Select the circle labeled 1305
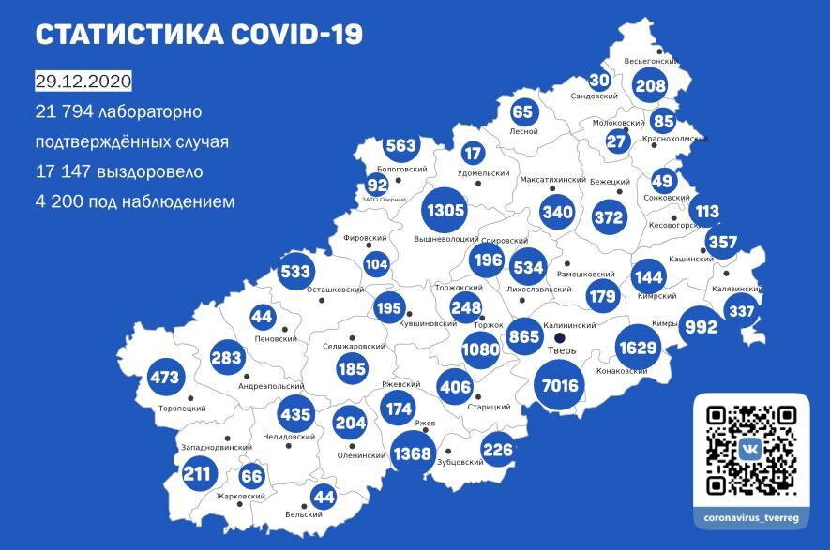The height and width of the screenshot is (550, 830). pos(445,210)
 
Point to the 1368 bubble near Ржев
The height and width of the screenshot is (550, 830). pos(412,454)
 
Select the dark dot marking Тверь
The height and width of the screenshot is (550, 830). pos(560,337)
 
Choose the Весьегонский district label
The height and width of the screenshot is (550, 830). pos(651,63)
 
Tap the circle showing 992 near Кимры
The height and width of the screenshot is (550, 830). pos(700,327)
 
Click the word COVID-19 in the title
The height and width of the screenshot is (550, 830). pos(294,35)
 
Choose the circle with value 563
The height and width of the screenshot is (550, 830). pos(400,146)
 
